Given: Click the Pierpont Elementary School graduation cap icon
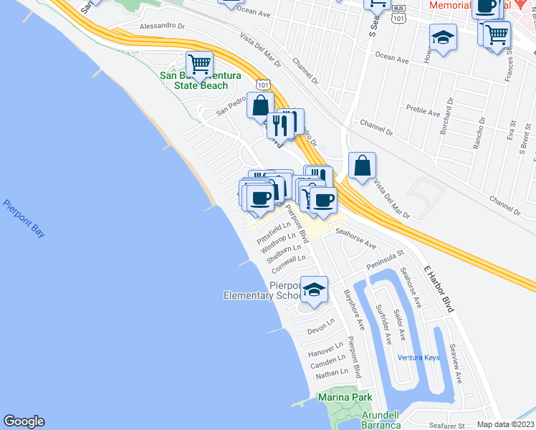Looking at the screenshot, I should pyautogui.click(x=313, y=290).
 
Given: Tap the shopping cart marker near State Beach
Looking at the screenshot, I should pyautogui.click(x=199, y=64).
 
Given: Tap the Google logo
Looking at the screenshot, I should pyautogui.click(x=24, y=421).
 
